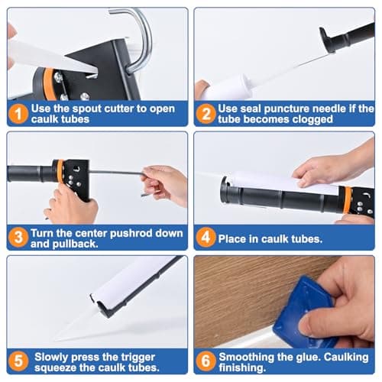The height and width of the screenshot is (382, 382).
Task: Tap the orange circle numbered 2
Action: [206, 113]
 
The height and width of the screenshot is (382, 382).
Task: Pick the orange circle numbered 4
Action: [206, 238]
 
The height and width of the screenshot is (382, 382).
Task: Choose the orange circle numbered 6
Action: [206, 361]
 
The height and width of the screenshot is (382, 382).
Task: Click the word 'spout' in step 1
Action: [91, 108]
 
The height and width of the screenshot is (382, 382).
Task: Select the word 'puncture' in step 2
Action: [286, 108]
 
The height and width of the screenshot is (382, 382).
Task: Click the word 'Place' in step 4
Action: [234, 238]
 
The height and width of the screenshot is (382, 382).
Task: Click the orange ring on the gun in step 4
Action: [348, 200]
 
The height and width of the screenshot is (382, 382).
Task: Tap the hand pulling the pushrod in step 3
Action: [164, 183]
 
